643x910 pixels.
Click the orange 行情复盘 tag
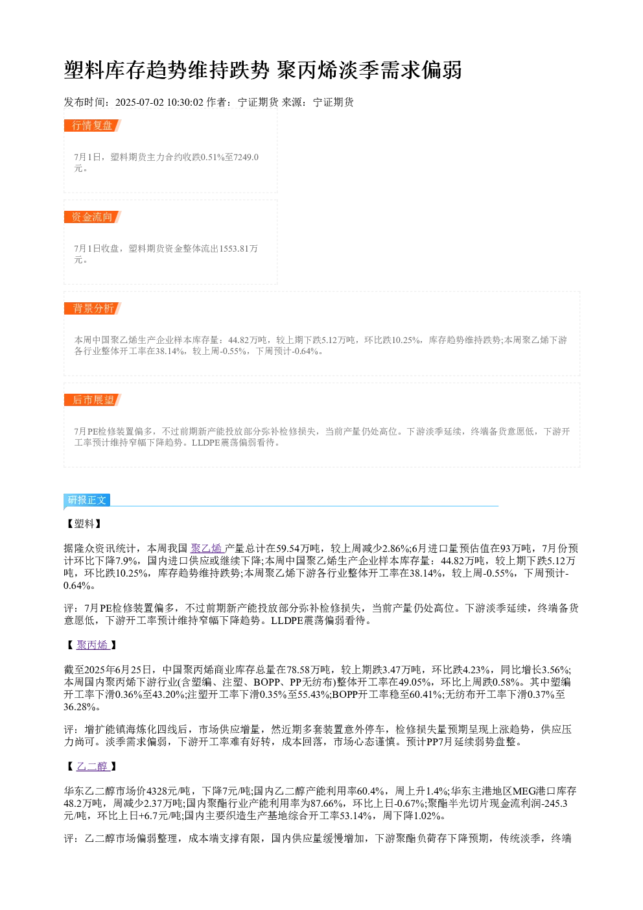(x=93, y=126)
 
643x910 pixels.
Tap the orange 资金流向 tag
(x=93, y=217)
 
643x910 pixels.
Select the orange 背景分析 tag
(x=93, y=308)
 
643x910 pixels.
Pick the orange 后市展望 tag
(x=93, y=400)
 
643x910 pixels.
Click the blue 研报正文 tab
(x=87, y=499)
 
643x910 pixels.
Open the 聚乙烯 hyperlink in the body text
(x=207, y=548)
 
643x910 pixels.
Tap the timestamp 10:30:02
(x=185, y=102)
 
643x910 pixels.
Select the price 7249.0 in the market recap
(x=246, y=157)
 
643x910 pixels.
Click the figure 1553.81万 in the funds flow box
(x=239, y=248)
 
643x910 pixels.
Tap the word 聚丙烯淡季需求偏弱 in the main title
(x=369, y=70)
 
